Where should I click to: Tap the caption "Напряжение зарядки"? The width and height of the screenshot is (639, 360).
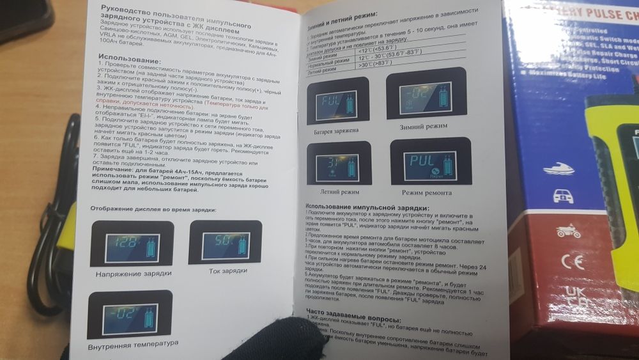[x=134, y=273]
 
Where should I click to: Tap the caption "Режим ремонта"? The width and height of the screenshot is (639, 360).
[x=427, y=192]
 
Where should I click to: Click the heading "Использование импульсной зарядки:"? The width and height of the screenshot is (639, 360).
[x=367, y=207]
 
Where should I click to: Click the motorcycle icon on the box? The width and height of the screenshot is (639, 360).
[x=569, y=230]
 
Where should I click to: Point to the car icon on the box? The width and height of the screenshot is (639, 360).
[x=563, y=196]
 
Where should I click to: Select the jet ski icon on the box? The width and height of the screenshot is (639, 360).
[x=558, y=169]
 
